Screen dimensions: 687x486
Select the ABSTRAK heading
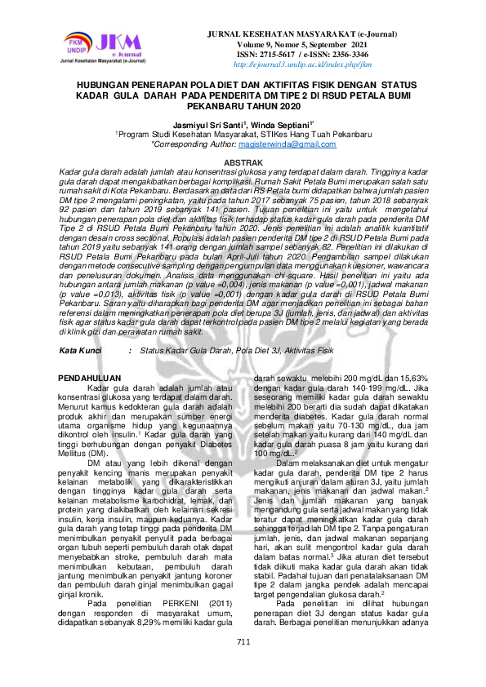click(243, 163)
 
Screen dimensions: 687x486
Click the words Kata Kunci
click(80, 326)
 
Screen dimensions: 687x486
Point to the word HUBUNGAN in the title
click(106, 85)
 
